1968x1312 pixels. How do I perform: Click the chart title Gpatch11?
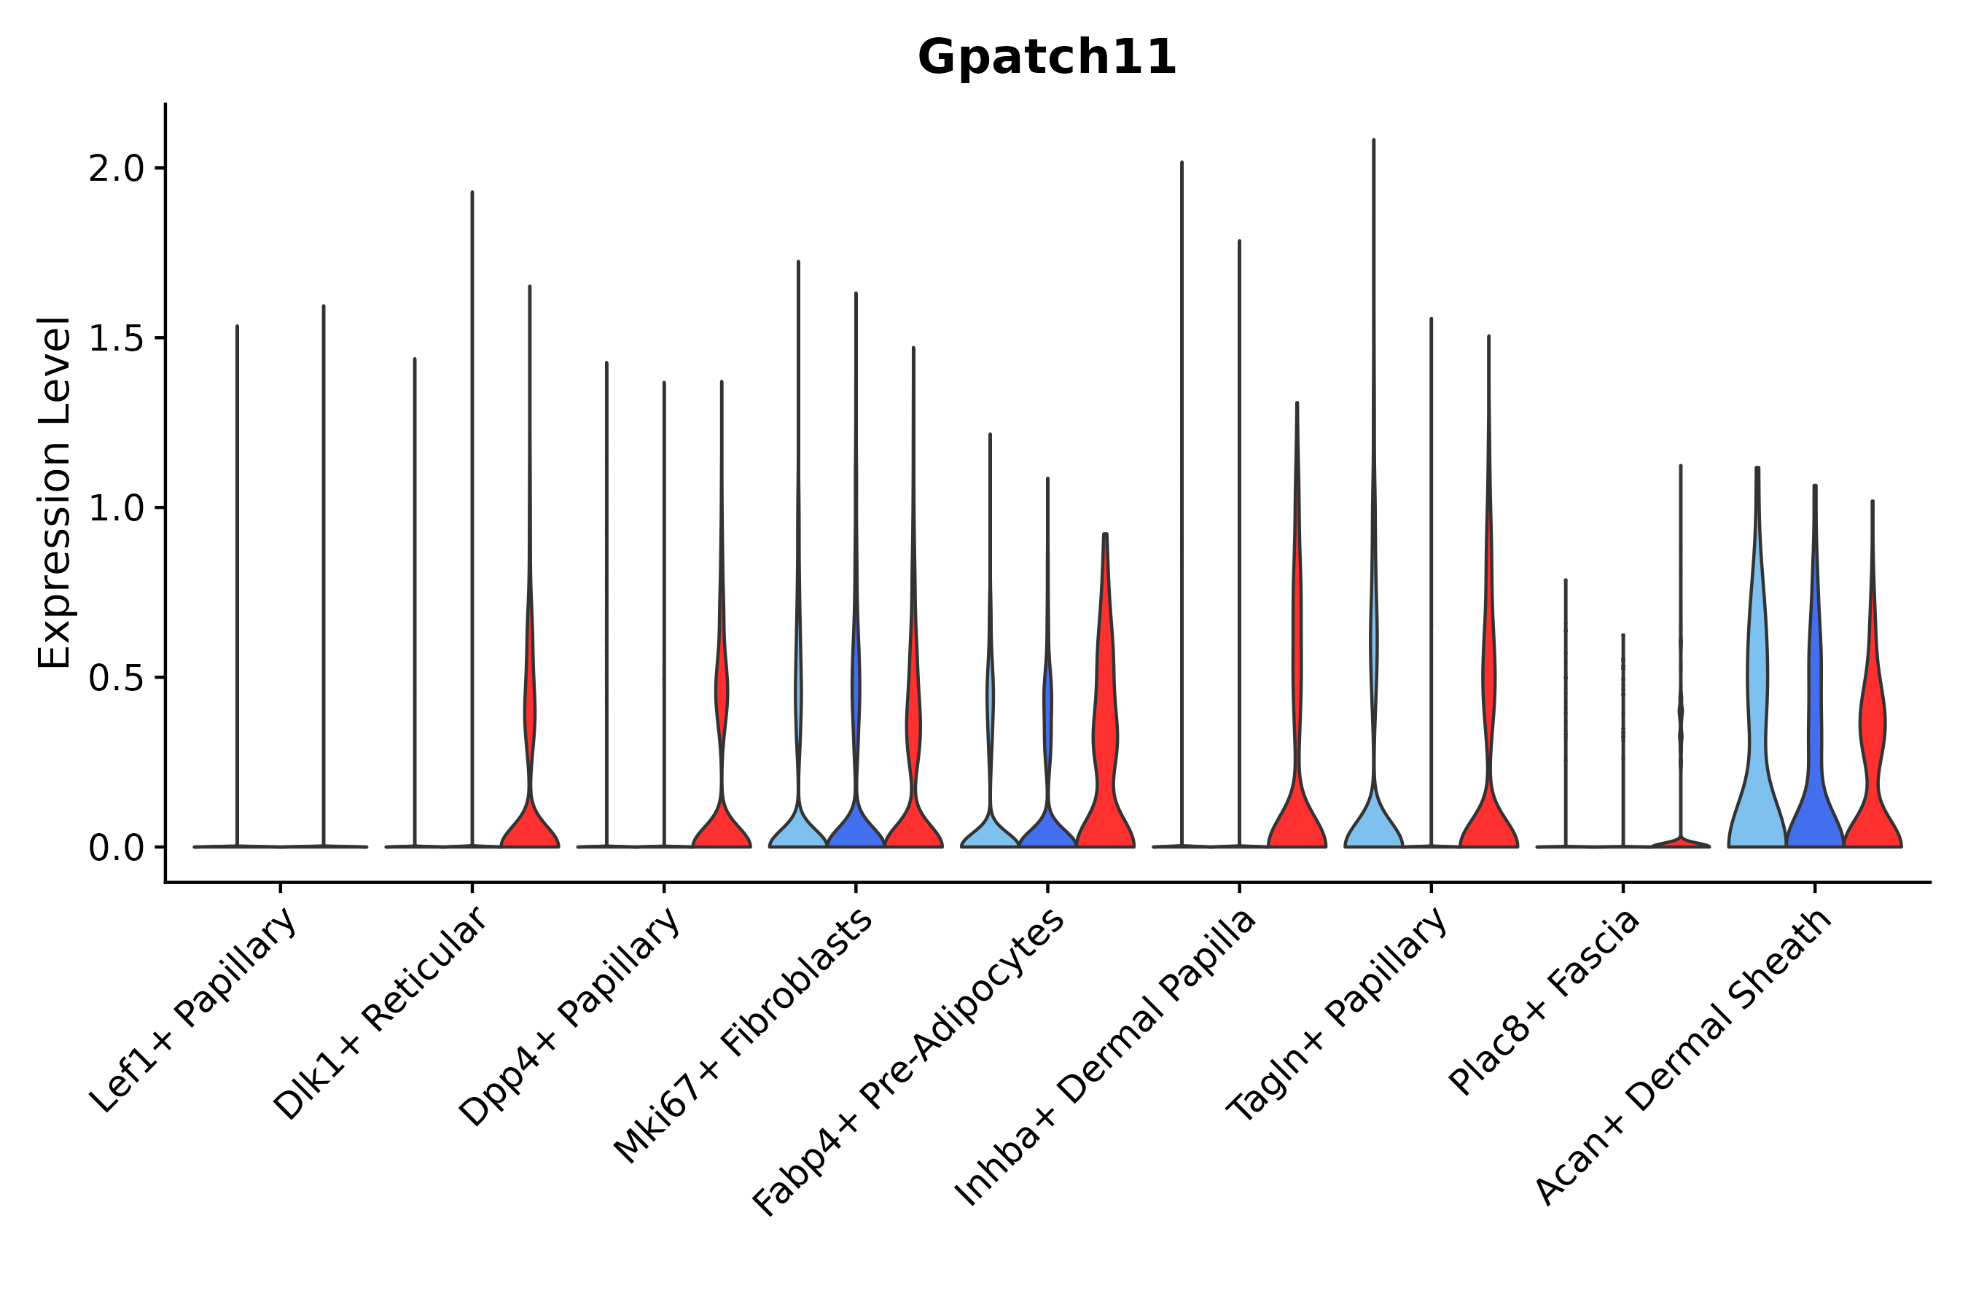(1047, 58)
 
